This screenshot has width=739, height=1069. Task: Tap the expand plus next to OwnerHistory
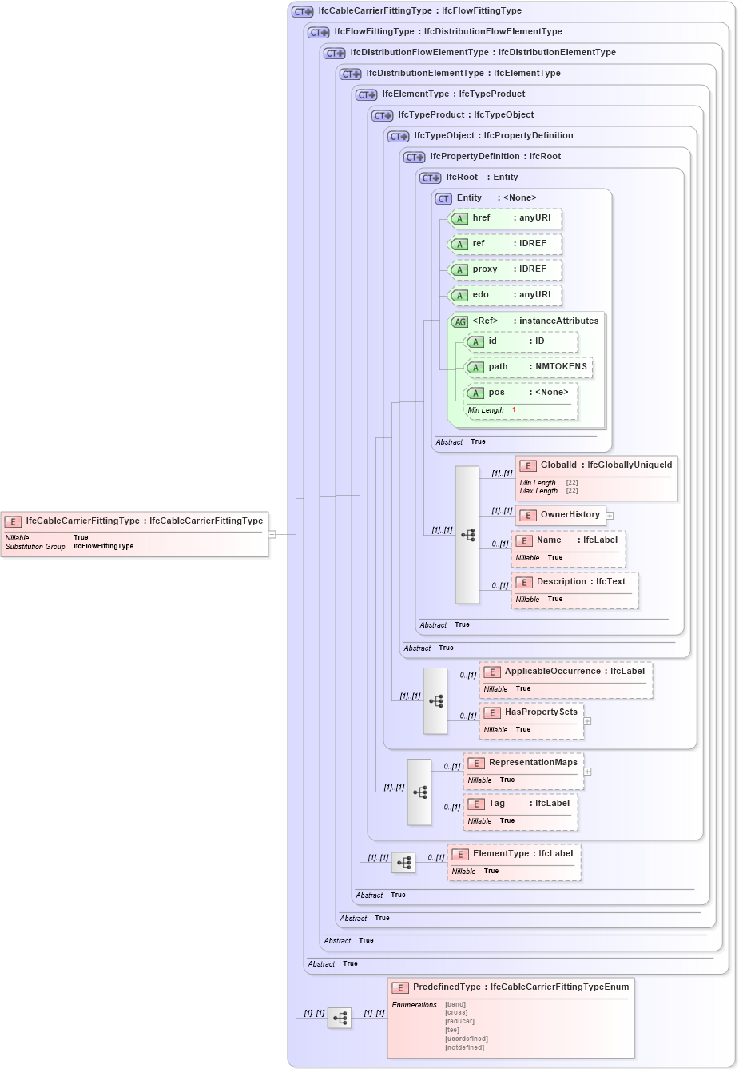pos(610,516)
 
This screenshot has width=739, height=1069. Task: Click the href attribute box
pos(506,218)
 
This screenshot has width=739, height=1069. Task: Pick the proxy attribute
pos(506,269)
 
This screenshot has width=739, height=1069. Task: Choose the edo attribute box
pos(506,295)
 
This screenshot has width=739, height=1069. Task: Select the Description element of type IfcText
pos(574,590)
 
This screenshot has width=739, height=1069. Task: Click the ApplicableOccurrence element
pos(566,680)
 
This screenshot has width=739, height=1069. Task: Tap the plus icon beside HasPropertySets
pos(587,721)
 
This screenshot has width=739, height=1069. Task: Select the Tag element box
pos(520,812)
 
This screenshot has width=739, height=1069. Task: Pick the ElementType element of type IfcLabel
pos(514,862)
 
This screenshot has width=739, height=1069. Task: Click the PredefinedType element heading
pos(511,987)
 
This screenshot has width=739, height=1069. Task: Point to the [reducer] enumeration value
pos(459,1021)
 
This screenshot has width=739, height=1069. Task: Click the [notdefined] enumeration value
pos(464,1047)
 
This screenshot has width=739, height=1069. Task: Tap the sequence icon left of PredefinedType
pos(340,1018)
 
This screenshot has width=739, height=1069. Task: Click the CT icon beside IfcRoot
pos(431,178)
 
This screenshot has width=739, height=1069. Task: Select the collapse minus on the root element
pos(272,534)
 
